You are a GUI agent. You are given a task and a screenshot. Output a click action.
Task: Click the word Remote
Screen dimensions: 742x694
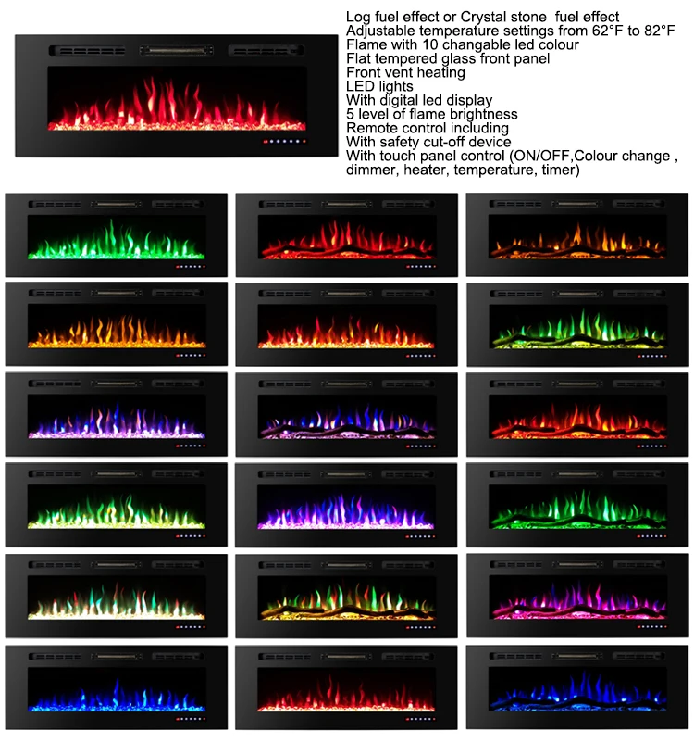click(x=368, y=128)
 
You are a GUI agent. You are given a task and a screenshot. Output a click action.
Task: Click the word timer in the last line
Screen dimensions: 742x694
click(x=558, y=170)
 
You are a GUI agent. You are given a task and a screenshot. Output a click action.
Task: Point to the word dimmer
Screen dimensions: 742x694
click(x=371, y=170)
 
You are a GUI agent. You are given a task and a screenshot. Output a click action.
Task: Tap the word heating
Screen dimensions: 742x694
click(x=440, y=72)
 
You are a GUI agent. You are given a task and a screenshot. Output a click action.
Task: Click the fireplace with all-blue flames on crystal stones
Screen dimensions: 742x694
click(x=116, y=687)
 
